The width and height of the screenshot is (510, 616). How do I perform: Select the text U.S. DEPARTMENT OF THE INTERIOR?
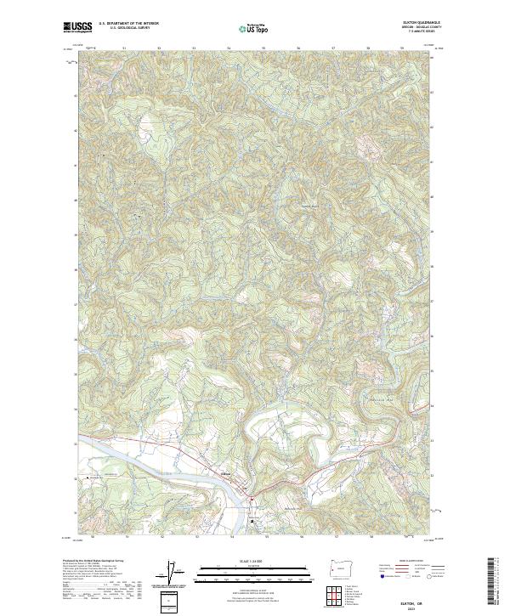(x=128, y=23)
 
